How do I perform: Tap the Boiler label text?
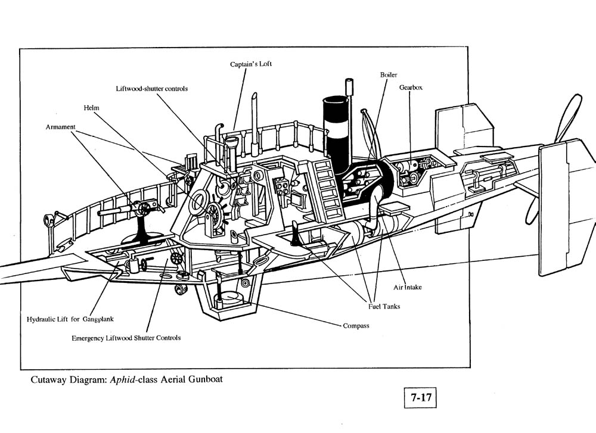coord(389,75)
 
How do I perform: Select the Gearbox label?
coord(411,88)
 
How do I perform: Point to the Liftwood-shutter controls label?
coord(151,89)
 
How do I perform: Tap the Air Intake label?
coord(408,287)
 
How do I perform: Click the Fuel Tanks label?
coord(384,307)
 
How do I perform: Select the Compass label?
coord(356,326)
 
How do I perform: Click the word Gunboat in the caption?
coord(205,379)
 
